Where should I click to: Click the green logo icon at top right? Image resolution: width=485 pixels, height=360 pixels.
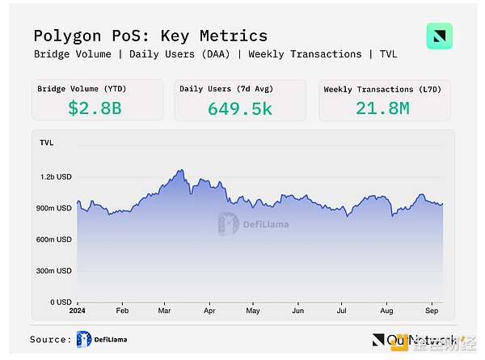(x=439, y=37)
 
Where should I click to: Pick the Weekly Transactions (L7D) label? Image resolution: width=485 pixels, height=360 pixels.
(x=376, y=88)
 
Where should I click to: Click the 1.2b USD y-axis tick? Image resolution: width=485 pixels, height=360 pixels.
(x=56, y=176)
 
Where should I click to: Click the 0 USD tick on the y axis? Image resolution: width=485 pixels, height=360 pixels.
(x=60, y=302)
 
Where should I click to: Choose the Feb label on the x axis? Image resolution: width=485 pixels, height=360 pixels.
(x=123, y=311)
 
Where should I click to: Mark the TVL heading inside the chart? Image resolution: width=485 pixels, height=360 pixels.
(x=47, y=142)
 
